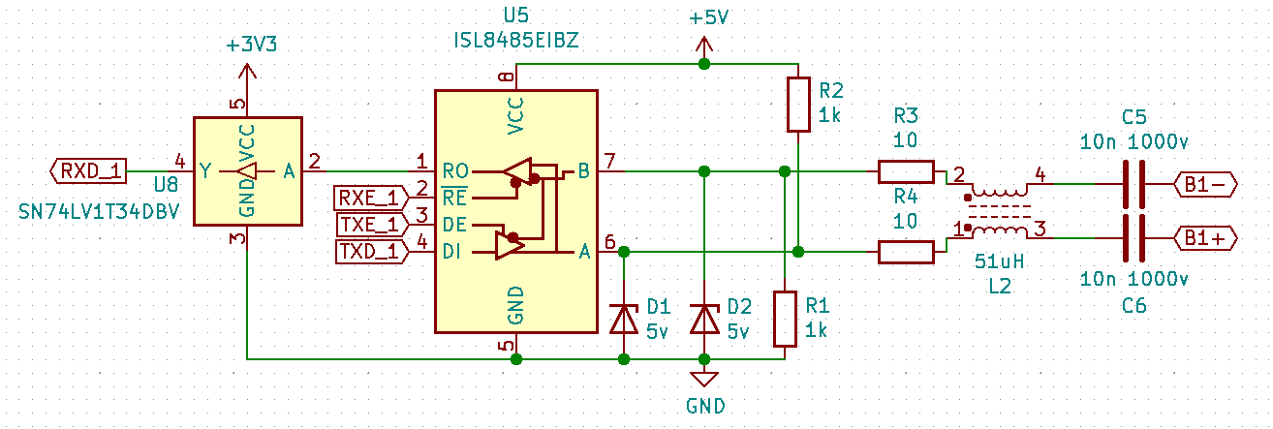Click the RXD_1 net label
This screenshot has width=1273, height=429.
pyautogui.click(x=89, y=171)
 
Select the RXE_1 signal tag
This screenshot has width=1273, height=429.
pyautogui.click(x=368, y=199)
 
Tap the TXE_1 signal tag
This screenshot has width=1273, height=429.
pyautogui.click(x=368, y=225)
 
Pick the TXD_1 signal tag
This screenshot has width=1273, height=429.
pyautogui.click(x=368, y=252)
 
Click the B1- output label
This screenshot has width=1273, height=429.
pyautogui.click(x=1203, y=183)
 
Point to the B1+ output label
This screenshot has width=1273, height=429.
pyautogui.click(x=1203, y=236)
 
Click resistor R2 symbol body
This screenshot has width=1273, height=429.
pyautogui.click(x=797, y=104)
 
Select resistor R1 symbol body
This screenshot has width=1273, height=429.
pyautogui.click(x=784, y=319)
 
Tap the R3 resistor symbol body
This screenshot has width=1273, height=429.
pyautogui.click(x=906, y=171)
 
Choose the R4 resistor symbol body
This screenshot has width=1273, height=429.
pyautogui.click(x=906, y=252)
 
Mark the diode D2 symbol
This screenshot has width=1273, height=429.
pyautogui.click(x=704, y=318)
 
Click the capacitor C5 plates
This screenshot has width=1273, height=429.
pyautogui.click(x=1133, y=183)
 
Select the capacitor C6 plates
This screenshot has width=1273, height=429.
pyautogui.click(x=1133, y=236)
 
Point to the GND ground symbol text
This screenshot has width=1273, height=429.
pyautogui.click(x=704, y=406)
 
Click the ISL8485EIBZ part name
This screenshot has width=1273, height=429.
pyautogui.click(x=515, y=40)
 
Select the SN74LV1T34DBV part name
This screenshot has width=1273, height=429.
pyautogui.click(x=100, y=211)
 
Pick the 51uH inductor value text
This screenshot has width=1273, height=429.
pyautogui.click(x=999, y=261)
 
